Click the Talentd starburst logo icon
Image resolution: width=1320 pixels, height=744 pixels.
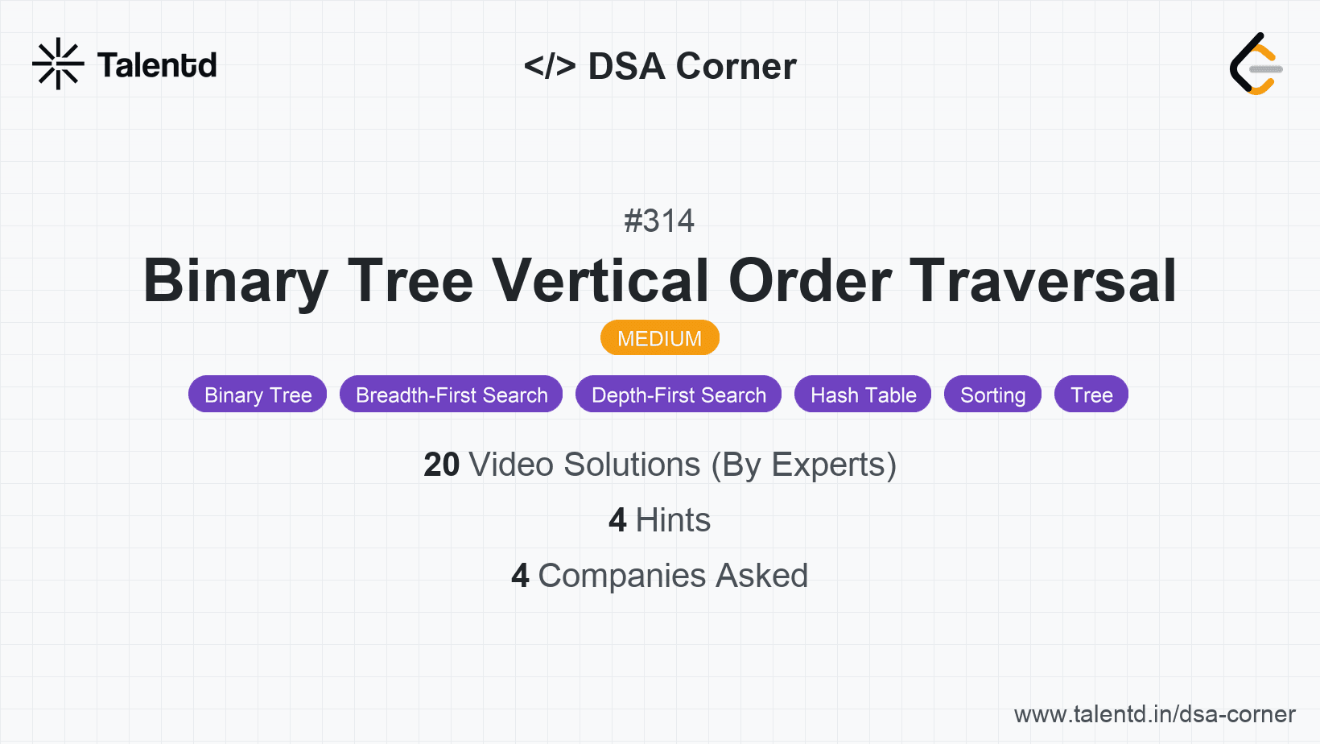58,64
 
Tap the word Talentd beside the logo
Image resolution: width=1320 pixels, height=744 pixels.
157,65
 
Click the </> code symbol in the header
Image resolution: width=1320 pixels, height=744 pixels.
550,66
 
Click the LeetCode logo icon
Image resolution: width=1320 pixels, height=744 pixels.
1256,64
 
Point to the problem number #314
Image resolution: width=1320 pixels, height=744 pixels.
659,221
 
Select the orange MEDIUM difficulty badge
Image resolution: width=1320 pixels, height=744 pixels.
659,338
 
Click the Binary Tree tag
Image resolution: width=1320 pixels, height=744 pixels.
258,395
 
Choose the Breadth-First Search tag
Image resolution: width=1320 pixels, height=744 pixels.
452,395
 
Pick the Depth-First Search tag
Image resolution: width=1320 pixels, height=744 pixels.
679,395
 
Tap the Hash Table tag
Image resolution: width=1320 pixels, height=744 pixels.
863,395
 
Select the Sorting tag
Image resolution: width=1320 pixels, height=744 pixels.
992,395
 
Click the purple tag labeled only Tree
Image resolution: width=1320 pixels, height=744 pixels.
1091,395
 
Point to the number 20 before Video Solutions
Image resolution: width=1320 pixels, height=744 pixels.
441,465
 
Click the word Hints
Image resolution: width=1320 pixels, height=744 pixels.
673,520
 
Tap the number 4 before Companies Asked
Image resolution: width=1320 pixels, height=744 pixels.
520,576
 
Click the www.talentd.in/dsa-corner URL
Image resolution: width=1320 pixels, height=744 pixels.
1154,714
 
